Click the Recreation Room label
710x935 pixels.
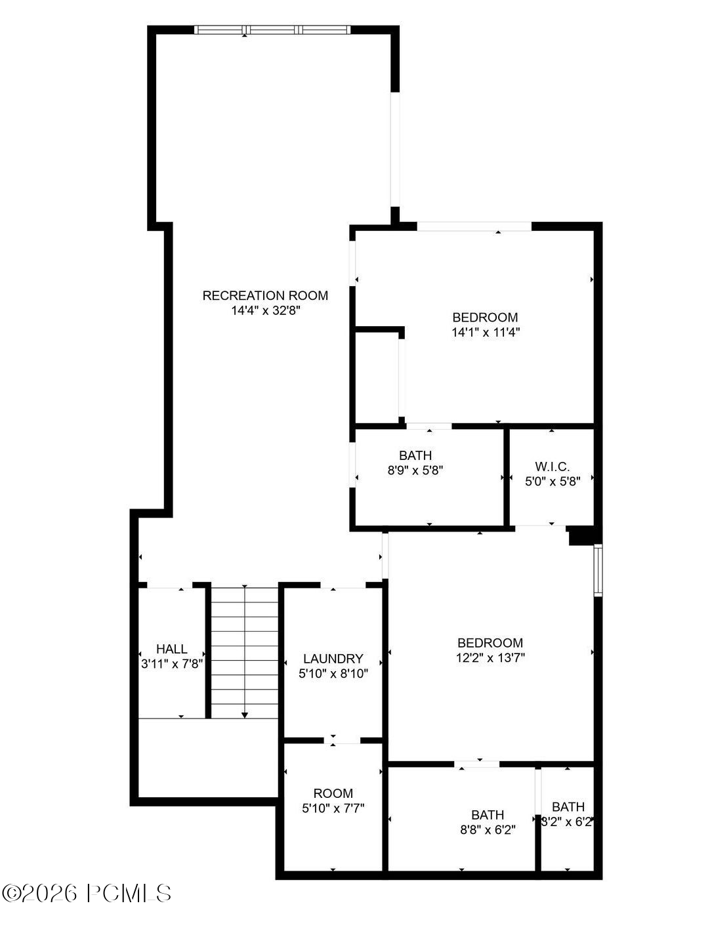pyautogui.click(x=265, y=296)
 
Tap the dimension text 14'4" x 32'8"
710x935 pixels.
pyautogui.click(x=265, y=311)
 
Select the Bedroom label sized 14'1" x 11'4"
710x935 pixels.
pyautogui.click(x=485, y=318)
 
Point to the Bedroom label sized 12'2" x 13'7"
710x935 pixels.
pyautogui.click(x=490, y=643)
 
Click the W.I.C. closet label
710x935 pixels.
pyautogui.click(x=552, y=467)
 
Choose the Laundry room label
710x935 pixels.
pyautogui.click(x=333, y=659)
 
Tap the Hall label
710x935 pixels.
pyautogui.click(x=171, y=649)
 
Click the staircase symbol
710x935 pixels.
pyautogui.click(x=244, y=652)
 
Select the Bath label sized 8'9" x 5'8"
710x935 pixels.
pyautogui.click(x=415, y=455)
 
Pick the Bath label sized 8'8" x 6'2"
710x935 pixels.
pyautogui.click(x=488, y=815)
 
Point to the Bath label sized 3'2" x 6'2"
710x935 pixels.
pyautogui.click(x=568, y=807)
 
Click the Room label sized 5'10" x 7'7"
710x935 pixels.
pyautogui.click(x=333, y=793)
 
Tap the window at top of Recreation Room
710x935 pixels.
pyautogui.click(x=272, y=30)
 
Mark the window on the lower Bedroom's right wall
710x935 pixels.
pyautogui.click(x=598, y=570)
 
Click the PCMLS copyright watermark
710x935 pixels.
pyautogui.click(x=87, y=893)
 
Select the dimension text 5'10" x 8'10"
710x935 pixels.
pyautogui.click(x=333, y=673)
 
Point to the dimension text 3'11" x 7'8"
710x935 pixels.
pyautogui.click(x=172, y=663)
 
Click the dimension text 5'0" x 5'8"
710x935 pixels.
pyautogui.click(x=553, y=480)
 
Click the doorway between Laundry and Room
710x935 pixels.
pyautogui.click(x=342, y=741)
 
